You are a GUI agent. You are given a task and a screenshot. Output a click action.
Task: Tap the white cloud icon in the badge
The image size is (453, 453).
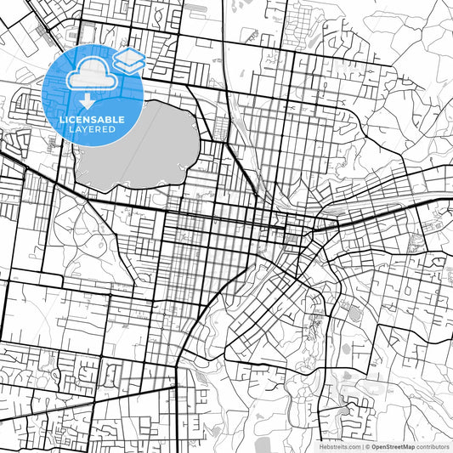pos(88,75)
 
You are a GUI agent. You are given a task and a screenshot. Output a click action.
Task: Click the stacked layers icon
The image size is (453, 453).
pos(128,59)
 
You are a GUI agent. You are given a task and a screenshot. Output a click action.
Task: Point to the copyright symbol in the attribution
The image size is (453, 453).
pos(366,445)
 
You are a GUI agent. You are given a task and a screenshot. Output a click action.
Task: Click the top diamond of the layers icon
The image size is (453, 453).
pos(128,54)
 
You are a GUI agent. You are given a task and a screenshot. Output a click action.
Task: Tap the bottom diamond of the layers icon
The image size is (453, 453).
pos(128,65)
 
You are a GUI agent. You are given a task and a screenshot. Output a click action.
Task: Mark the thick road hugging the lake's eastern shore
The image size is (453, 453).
pos(201,140)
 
